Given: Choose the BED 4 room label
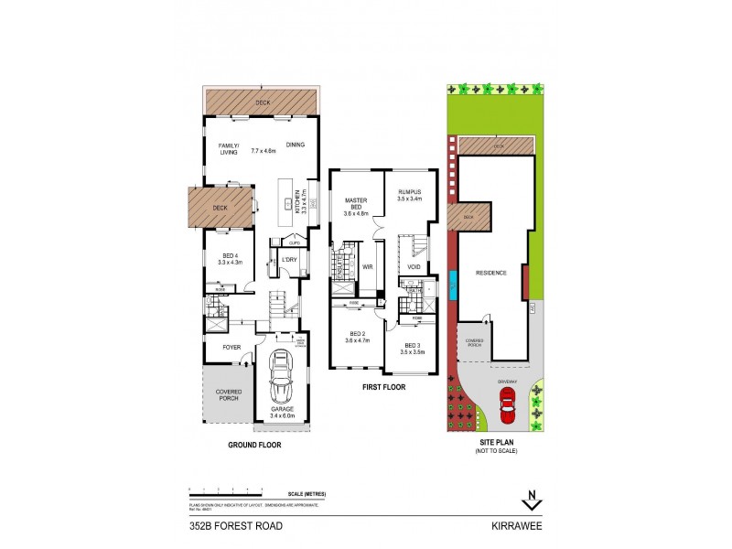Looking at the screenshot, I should [230, 256].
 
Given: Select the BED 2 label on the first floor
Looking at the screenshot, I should [355, 335].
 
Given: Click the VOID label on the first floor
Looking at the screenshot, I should [413, 267].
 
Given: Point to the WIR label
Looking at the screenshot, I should [369, 267].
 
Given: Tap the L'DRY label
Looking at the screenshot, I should [290, 260].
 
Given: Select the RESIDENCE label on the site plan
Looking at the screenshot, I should [490, 273].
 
